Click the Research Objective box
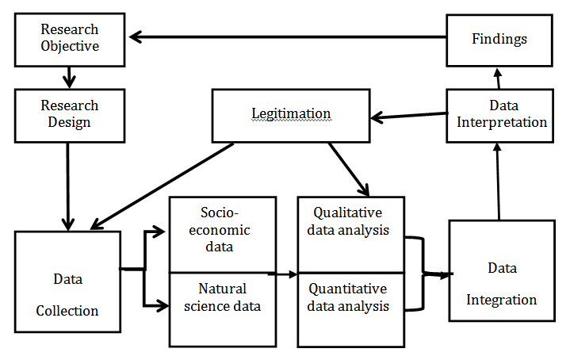point(69,38)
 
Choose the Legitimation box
point(291,114)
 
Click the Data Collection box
point(67,289)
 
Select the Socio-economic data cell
point(223,231)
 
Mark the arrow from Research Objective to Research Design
point(71,76)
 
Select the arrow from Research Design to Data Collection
point(69,182)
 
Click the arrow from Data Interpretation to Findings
point(498,79)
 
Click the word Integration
point(501,300)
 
